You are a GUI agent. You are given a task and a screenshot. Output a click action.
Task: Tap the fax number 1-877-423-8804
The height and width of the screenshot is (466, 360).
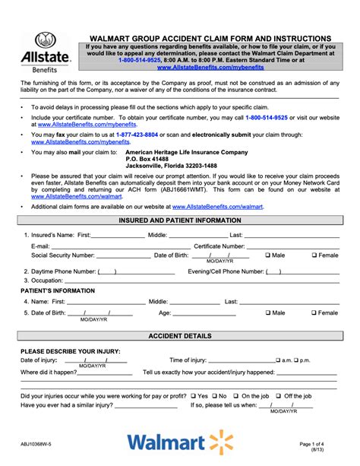158,134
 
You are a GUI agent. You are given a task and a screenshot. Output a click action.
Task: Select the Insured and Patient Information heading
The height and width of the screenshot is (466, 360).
179,220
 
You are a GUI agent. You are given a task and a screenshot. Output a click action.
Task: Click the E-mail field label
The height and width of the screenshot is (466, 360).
40,246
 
